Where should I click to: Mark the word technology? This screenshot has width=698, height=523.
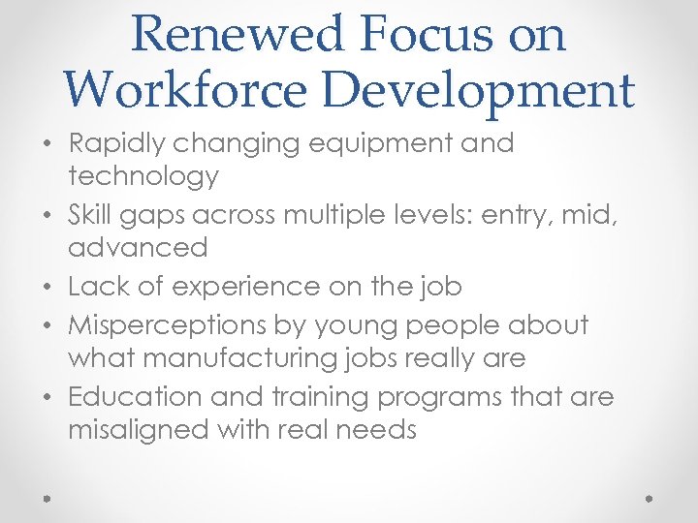143,176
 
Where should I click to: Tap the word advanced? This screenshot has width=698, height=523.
138,247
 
